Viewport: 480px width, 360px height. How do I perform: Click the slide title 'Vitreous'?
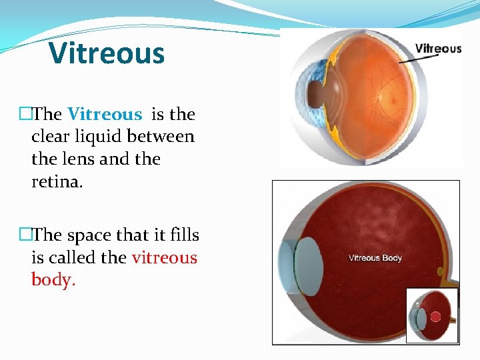(x=107, y=53)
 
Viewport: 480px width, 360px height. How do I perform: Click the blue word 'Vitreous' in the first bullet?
(x=105, y=115)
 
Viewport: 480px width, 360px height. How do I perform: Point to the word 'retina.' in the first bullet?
(x=56, y=182)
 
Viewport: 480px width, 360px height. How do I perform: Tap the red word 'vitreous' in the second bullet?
(x=165, y=257)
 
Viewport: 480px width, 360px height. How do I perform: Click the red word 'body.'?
(x=54, y=280)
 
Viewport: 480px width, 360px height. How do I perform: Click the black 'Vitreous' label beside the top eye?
(x=438, y=49)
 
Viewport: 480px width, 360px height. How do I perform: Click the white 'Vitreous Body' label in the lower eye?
(x=375, y=258)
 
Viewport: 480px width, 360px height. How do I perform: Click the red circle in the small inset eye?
(x=437, y=316)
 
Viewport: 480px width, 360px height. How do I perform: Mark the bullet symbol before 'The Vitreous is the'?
(x=25, y=115)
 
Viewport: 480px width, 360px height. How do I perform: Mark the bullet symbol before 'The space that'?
(x=25, y=235)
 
